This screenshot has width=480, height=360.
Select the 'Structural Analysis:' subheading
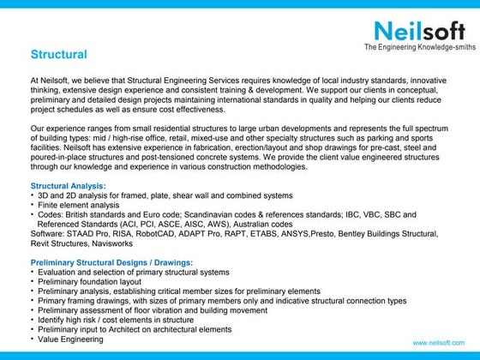click(69, 185)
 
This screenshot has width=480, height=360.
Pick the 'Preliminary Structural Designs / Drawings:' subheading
click(111, 261)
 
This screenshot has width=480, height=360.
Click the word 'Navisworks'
click(108, 243)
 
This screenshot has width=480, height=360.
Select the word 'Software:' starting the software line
click(47, 233)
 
